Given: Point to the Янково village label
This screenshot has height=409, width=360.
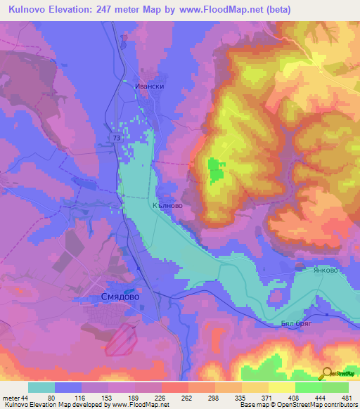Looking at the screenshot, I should coord(319,270).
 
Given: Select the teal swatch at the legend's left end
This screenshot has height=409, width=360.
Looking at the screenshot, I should coord(41,387).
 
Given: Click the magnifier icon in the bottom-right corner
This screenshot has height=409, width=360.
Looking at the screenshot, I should coord(328,375).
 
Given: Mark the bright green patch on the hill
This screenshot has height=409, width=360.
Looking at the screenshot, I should coord(216,169).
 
